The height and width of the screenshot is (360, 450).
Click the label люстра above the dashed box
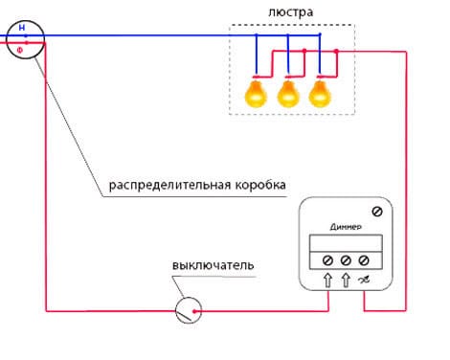point(290,12)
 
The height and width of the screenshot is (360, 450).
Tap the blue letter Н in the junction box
point(22,28)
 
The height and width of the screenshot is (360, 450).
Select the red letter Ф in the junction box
point(20,50)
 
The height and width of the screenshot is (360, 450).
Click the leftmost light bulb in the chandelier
point(256,94)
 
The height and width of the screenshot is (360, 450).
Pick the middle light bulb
point(288,94)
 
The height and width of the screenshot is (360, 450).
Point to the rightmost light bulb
point(320,94)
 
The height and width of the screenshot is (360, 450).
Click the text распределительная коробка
point(197,185)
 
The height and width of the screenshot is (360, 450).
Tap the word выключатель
point(214,265)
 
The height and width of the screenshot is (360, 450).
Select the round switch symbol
point(189,310)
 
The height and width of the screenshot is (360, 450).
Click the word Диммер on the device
point(346,227)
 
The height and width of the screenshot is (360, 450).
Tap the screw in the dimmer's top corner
point(377,212)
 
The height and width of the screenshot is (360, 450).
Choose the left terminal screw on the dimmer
point(327,260)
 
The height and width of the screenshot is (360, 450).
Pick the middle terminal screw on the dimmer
point(346,260)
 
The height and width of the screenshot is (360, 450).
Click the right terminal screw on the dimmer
point(364,260)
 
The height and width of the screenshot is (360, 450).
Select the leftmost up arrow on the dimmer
point(327,281)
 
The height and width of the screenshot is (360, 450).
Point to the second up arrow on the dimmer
point(346,281)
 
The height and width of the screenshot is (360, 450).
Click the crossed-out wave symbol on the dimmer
point(364,281)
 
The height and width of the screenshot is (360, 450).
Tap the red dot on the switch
point(194,311)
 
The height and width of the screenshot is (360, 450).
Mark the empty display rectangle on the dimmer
point(346,243)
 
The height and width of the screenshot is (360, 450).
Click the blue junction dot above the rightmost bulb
point(320,34)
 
